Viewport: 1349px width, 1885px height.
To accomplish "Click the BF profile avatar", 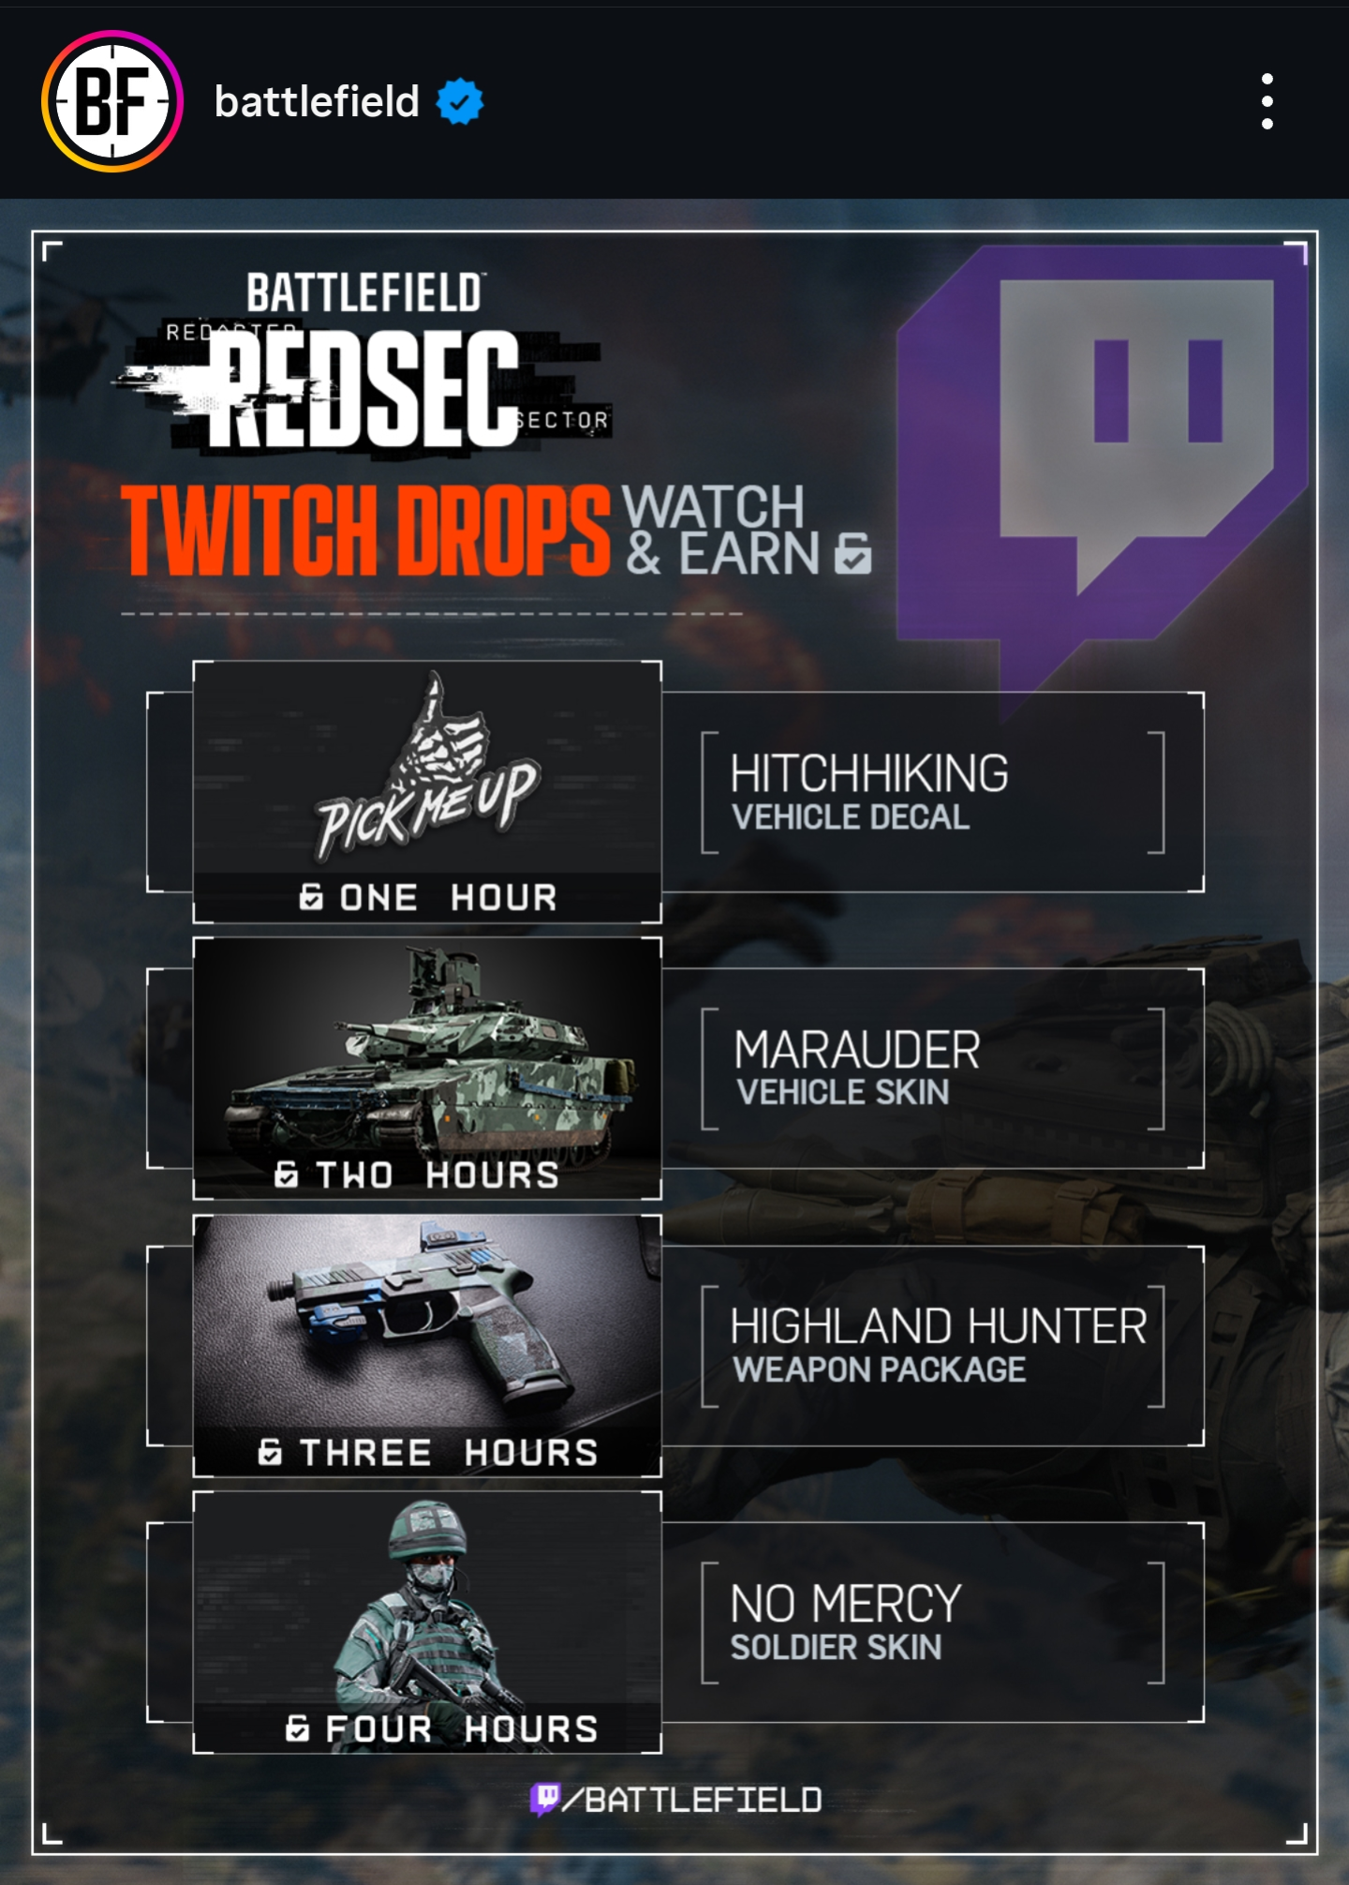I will click(x=112, y=101).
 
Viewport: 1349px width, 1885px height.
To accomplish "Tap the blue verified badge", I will click(x=460, y=101).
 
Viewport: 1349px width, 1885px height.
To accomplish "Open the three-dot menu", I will click(x=1267, y=101).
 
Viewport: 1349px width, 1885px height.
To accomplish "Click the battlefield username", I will click(x=317, y=101).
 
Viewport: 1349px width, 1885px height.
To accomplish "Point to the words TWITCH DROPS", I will click(x=365, y=531).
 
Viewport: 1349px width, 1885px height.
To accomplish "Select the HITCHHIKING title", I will click(x=868, y=774).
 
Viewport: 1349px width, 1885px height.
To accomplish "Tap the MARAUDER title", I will click(x=856, y=1050).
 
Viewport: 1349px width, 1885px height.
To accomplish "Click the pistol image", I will click(x=422, y=1312).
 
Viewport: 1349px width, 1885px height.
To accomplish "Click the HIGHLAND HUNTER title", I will click(x=938, y=1326).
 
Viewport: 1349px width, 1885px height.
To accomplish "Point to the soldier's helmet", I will click(x=427, y=1528).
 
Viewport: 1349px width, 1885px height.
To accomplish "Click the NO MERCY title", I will click(x=845, y=1604).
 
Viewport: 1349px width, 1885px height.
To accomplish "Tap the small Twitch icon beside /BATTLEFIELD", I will click(x=545, y=1799).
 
